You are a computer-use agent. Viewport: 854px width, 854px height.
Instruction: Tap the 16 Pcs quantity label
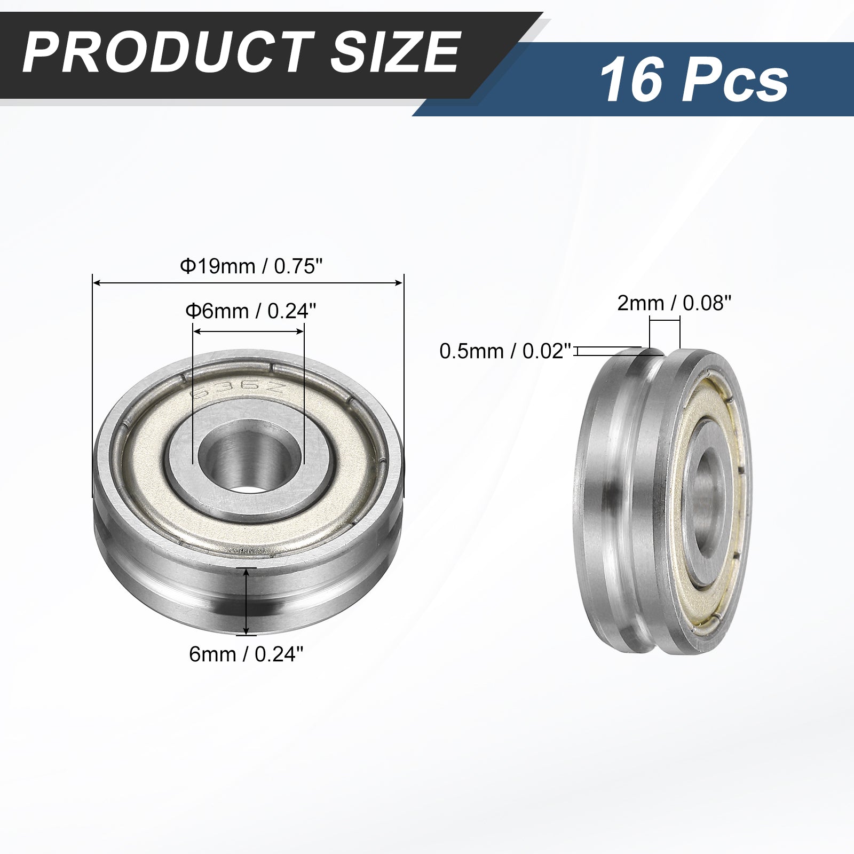(x=694, y=82)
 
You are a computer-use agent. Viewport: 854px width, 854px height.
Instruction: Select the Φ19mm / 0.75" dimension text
(x=252, y=266)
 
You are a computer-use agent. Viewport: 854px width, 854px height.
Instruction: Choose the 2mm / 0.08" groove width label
(x=674, y=303)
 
